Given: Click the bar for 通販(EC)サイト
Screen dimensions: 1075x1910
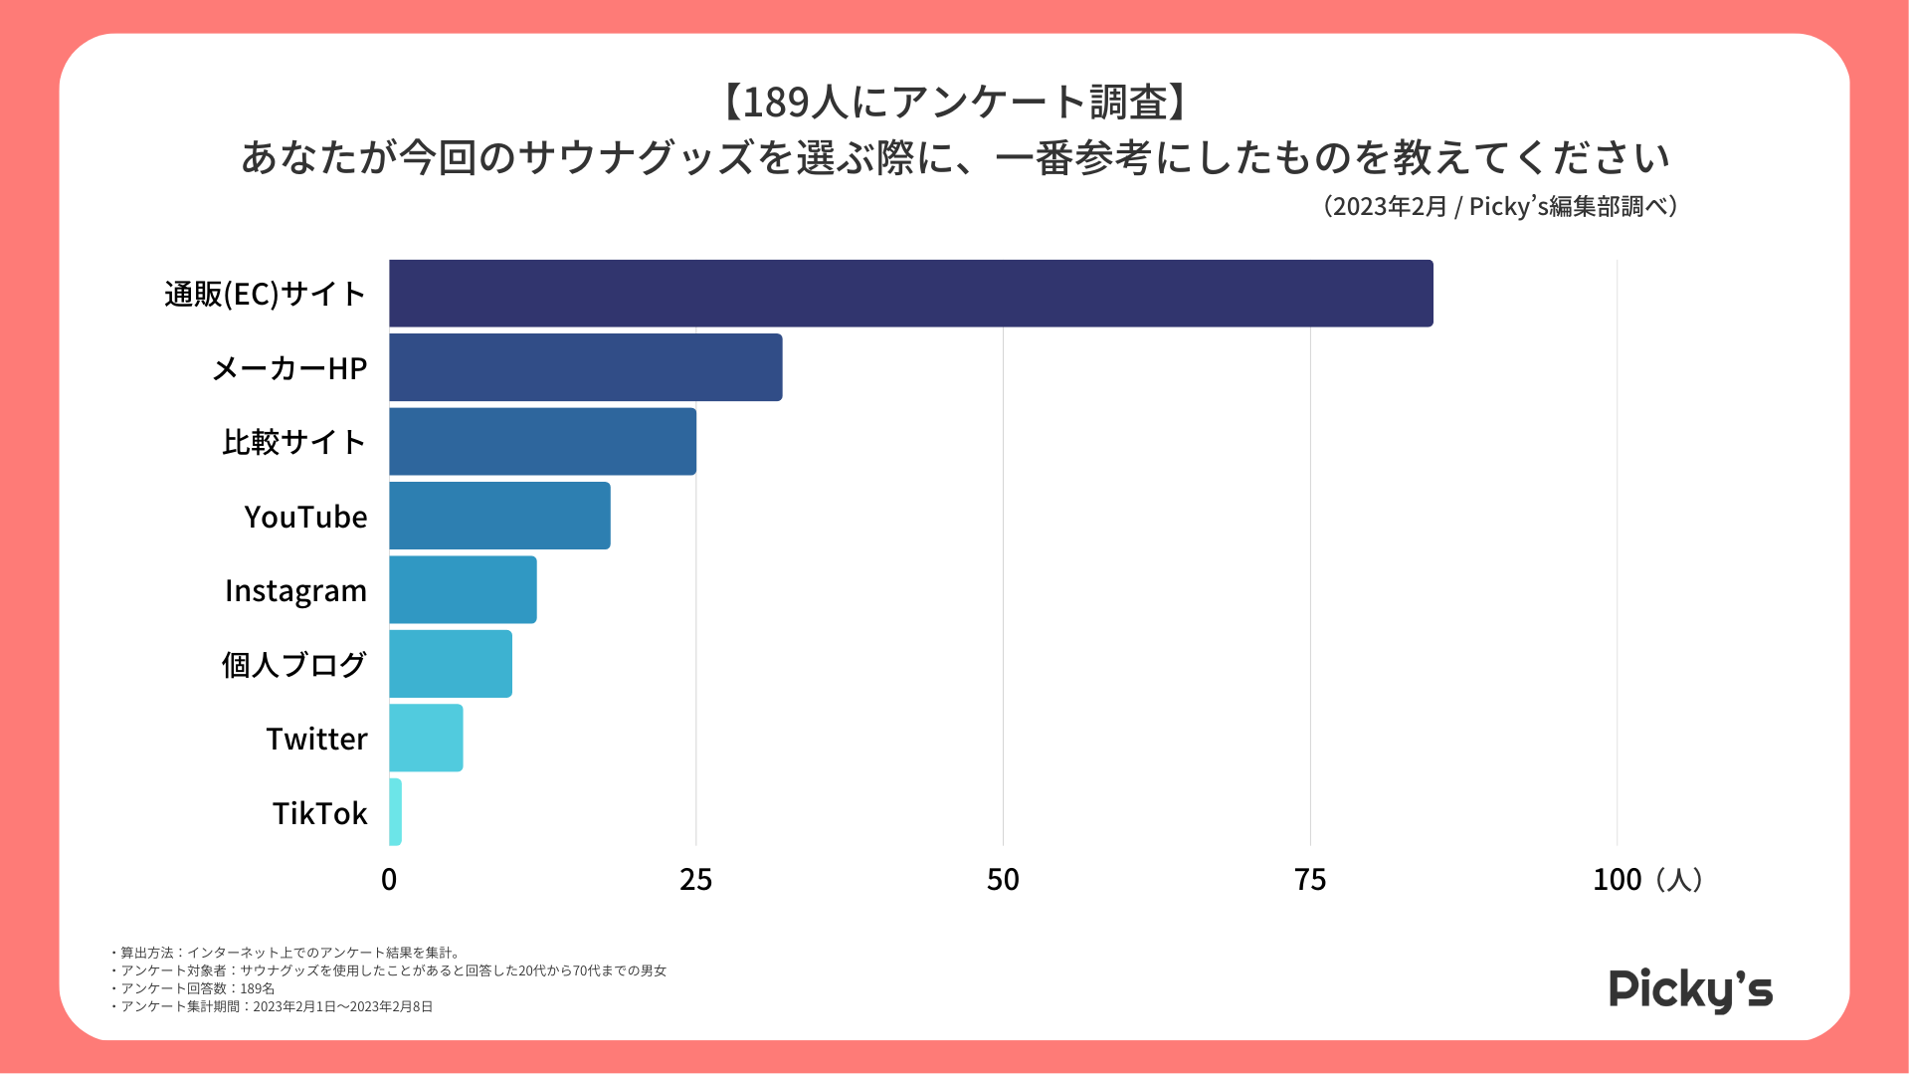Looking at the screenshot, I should pos(910,294).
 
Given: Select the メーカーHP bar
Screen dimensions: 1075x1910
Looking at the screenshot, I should pos(585,367).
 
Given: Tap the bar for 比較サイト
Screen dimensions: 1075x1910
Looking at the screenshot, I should pos(542,441).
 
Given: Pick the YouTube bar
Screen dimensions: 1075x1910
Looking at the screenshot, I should pos(499,516).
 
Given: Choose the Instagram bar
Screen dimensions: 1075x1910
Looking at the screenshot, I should pos(463,589).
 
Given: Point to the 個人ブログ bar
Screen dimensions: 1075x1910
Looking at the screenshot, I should pos(451,664).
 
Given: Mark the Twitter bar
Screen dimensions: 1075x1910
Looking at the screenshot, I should pos(426,738).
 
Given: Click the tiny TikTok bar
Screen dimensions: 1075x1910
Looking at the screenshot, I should pos(396,812).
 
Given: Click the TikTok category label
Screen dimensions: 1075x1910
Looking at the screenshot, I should pos(319,813).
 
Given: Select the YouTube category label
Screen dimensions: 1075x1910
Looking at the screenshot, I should pos(305,517).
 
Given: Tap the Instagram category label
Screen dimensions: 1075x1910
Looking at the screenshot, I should pos(295,591).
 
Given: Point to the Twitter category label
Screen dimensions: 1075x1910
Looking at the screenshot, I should pos(316,739).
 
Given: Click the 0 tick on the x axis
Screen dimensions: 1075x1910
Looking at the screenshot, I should pos(389,879).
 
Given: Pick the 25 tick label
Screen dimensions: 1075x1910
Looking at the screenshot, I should pos(696,879).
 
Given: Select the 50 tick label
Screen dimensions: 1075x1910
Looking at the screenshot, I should pos(1003,879).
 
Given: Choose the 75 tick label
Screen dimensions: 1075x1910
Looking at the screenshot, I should pos(1310,879).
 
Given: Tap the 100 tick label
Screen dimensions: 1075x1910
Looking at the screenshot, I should pos(1617,879).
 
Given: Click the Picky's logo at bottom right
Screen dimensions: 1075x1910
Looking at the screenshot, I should pos(1690,989).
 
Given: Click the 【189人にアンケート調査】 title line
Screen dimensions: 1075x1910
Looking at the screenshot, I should pos(954,102).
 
